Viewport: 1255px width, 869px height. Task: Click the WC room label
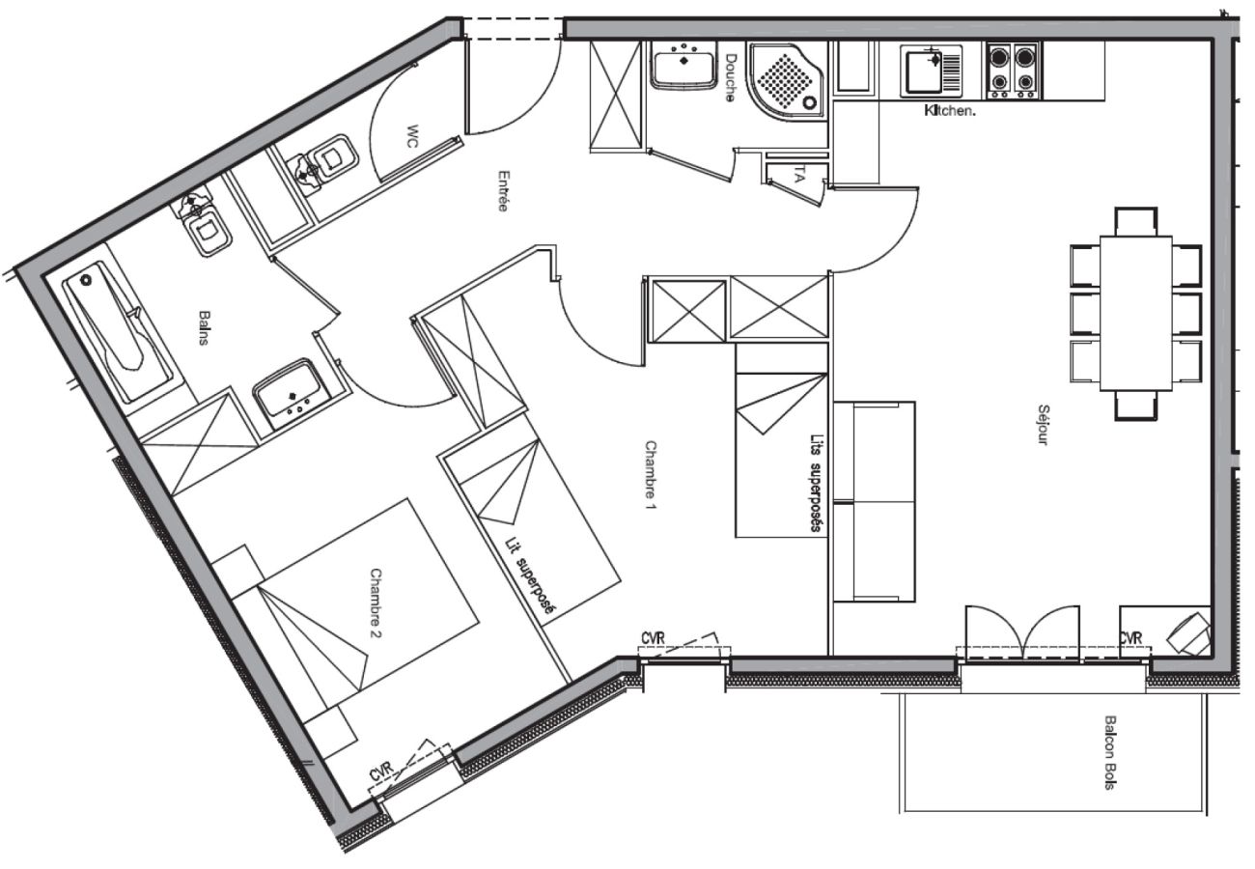[412, 136]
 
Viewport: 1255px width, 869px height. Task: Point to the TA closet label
[798, 176]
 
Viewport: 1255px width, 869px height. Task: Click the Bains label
[204, 329]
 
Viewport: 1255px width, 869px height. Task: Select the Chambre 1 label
[650, 475]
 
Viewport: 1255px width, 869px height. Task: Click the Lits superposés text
[816, 482]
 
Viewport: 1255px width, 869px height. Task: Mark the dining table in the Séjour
[1136, 313]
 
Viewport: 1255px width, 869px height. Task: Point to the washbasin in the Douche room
[683, 68]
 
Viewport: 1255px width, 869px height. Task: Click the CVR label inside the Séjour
[1130, 638]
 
